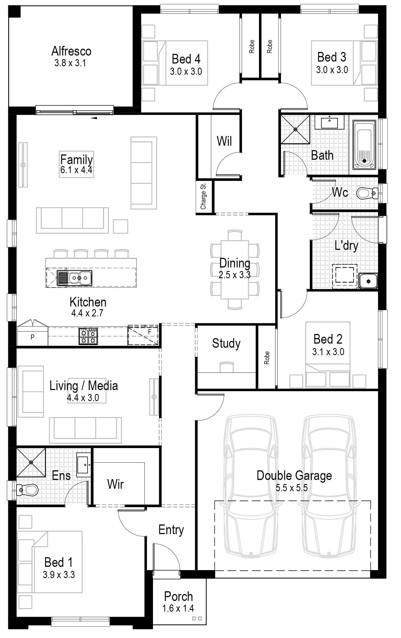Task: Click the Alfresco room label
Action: pyautogui.click(x=71, y=51)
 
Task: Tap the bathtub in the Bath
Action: pyautogui.click(x=364, y=145)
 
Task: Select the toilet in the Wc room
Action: pyautogui.click(x=366, y=193)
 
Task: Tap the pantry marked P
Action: pyautogui.click(x=32, y=337)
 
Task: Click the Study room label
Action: pyautogui.click(x=226, y=343)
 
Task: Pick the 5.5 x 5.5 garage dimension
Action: pyautogui.click(x=292, y=488)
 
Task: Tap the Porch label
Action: pyautogui.click(x=178, y=596)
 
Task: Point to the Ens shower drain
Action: pyautogui.click(x=31, y=462)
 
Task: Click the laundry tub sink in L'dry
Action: pyautogui.click(x=368, y=281)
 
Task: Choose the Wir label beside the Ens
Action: pyautogui.click(x=115, y=484)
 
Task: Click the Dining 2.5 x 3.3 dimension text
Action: pyautogui.click(x=234, y=275)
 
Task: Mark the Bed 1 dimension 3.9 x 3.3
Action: pyautogui.click(x=59, y=575)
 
